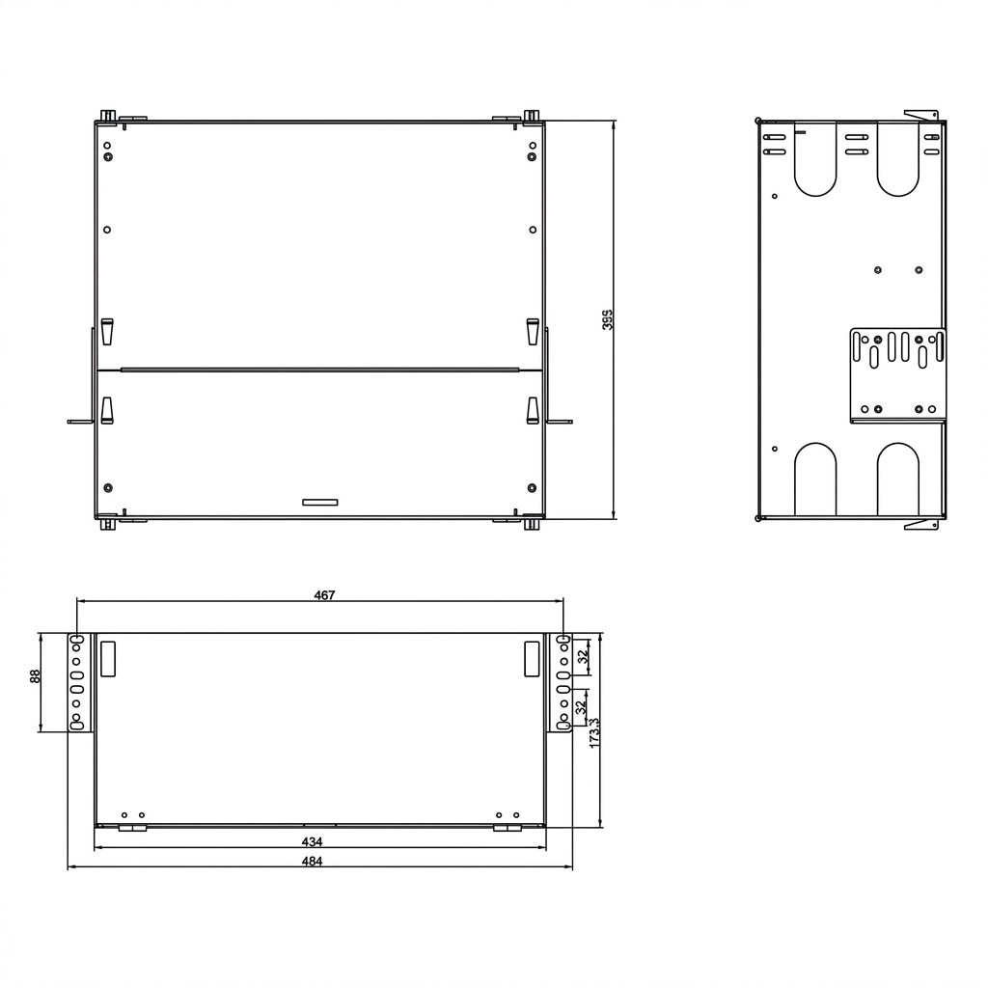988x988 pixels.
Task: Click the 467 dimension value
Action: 324,594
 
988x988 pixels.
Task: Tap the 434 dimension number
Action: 312,841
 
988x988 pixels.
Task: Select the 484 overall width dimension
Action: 312,862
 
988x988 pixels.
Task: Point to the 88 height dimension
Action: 36,676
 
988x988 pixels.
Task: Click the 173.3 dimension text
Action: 594,733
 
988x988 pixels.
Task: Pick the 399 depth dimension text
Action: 608,319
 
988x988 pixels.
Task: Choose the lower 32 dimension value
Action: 582,706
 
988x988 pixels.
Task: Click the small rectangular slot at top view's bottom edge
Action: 320,502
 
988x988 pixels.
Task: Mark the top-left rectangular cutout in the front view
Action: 108,659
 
